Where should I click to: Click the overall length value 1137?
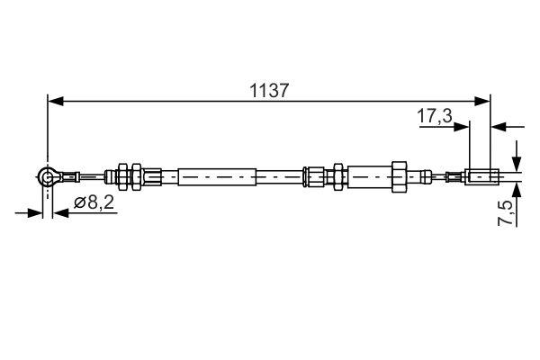[269, 90]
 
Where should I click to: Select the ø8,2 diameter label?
[93, 203]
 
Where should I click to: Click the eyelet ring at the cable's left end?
[48, 177]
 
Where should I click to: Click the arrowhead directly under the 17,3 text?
[464, 126]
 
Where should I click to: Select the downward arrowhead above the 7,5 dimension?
[517, 163]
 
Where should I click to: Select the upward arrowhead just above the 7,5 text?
[517, 190]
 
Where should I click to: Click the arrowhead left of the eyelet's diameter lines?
[36, 213]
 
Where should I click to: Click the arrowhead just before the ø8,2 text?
[59, 213]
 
